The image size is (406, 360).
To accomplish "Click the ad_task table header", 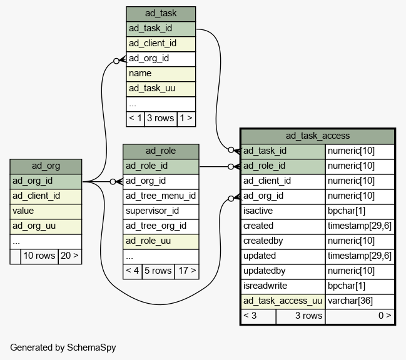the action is [x=161, y=14].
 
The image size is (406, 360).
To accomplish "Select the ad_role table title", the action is [x=161, y=151].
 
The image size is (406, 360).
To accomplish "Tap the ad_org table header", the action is [x=46, y=166].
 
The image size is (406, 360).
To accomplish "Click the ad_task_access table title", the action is [x=318, y=136].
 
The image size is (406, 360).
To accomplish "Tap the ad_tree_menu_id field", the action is [x=161, y=196].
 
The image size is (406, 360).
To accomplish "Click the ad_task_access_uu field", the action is [x=283, y=301].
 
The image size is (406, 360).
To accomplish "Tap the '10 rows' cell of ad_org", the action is [x=39, y=256].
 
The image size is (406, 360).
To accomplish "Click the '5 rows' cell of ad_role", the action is [x=158, y=271].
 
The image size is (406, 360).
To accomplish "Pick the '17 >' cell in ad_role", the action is [x=187, y=271].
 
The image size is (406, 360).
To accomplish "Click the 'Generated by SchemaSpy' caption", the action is [x=63, y=347].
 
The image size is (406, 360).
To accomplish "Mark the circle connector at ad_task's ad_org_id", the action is [x=116, y=61].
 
